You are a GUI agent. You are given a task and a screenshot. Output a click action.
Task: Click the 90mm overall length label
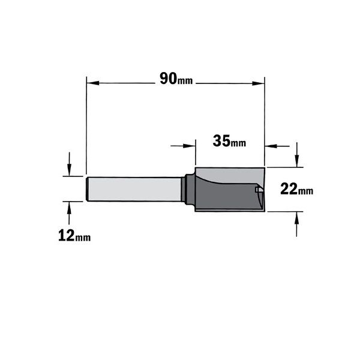(x=176, y=79)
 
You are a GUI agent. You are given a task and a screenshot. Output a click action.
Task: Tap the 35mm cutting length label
(x=229, y=141)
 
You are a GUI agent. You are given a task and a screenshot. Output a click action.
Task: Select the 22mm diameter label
(x=296, y=189)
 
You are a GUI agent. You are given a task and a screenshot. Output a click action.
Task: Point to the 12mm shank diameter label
(x=74, y=236)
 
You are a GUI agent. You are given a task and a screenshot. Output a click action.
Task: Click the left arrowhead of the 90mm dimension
(x=93, y=83)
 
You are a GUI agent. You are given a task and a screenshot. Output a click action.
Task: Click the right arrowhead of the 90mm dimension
(x=258, y=83)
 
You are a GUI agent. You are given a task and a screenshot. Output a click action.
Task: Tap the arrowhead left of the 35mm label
(x=189, y=146)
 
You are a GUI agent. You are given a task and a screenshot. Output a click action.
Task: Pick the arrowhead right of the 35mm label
(x=271, y=146)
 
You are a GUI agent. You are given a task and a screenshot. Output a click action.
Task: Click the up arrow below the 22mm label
(x=297, y=218)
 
